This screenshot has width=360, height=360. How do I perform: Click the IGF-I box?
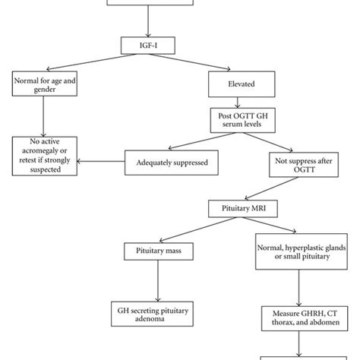pos(148,46)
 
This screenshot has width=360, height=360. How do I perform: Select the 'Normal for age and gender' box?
pos(45,84)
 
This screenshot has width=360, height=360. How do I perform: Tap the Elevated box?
pos(242,84)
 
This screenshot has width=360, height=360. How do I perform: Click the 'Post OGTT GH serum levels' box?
pos(243,120)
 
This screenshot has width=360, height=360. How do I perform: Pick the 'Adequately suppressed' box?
pos(172,163)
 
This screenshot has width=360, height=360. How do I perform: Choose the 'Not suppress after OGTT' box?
pos(304,165)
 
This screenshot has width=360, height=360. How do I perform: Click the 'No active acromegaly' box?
pos(45,156)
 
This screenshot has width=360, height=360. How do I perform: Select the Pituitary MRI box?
pos(243,209)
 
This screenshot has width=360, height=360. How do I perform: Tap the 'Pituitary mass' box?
pos(159,251)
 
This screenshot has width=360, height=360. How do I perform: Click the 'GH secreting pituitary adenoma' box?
pos(152,314)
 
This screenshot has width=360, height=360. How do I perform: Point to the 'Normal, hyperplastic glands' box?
pos(302,251)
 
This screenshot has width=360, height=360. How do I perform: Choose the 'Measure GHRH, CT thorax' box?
pos(305,318)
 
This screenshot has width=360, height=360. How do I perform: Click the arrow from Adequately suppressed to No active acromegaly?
pos(101,161)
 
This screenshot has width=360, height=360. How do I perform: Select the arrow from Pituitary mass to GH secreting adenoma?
pos(158,281)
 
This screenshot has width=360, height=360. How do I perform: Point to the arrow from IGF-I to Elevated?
pos(189,62)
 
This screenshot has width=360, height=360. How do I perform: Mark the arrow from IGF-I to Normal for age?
pos(92,62)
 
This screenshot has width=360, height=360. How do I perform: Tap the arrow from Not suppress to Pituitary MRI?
pos(272,188)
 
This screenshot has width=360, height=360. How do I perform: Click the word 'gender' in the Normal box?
pos(45,90)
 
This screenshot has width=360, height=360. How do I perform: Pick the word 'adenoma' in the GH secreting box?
pos(150,318)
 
